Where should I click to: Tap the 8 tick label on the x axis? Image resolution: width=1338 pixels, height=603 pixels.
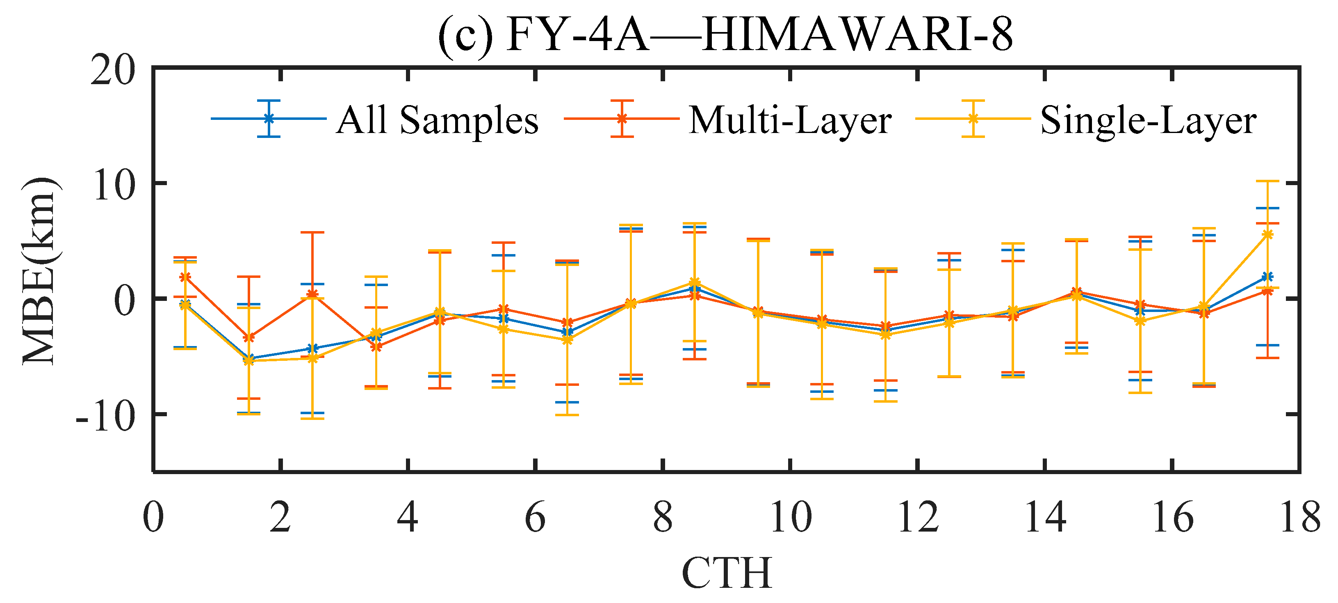pos(663,518)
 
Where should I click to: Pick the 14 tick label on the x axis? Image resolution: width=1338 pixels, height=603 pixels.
pos(1045,518)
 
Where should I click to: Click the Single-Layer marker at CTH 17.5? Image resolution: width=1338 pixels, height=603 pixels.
pos(1267,234)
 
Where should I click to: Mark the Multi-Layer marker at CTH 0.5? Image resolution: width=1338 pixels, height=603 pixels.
pos(185,277)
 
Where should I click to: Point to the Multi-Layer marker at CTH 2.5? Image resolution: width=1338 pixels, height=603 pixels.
pos(312,294)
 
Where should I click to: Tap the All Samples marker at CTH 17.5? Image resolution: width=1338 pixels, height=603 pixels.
pos(1267,277)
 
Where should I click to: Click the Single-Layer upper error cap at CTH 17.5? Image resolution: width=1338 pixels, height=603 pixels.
pos(1267,181)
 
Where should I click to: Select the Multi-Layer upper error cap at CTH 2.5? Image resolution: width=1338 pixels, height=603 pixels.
pos(312,232)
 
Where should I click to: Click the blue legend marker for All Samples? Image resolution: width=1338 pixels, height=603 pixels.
pos(269,119)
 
